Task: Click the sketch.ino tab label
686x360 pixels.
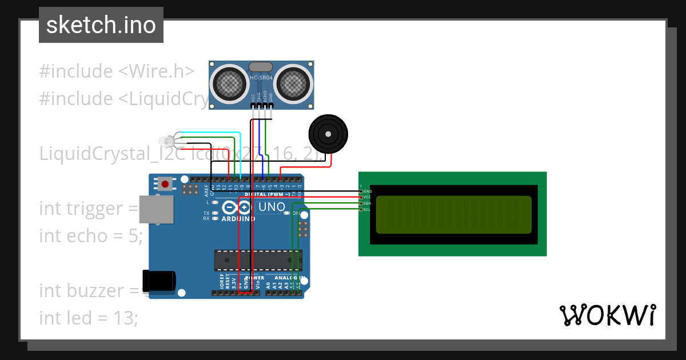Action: [101, 25]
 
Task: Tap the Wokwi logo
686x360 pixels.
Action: [607, 315]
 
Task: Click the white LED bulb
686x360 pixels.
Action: [165, 141]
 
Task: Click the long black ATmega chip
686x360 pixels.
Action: [258, 260]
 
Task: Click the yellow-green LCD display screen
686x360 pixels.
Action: [453, 214]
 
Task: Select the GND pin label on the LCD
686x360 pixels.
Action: [368, 191]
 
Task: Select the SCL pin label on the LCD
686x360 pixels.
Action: [368, 209]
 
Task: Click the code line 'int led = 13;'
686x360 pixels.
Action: [89, 318]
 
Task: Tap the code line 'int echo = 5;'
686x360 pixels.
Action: [90, 235]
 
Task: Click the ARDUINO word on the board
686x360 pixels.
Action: [238, 219]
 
